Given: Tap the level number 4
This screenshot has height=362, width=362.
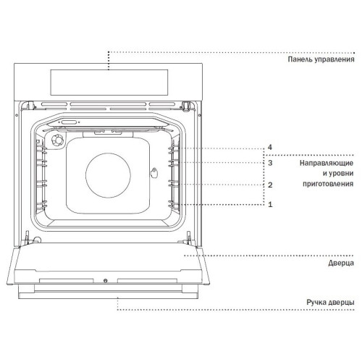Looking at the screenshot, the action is tap(270, 147).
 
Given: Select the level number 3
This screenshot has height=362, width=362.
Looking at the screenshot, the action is tap(270, 163).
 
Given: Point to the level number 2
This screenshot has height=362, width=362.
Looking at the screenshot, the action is tap(270, 185).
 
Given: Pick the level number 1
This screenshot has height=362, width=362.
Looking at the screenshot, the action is tap(270, 204).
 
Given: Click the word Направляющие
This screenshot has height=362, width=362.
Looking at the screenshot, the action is tap(327, 163).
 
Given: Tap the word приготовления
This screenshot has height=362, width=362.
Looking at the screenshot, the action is tap(328, 184).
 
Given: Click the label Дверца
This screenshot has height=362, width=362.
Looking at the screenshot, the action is tap(341, 263).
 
